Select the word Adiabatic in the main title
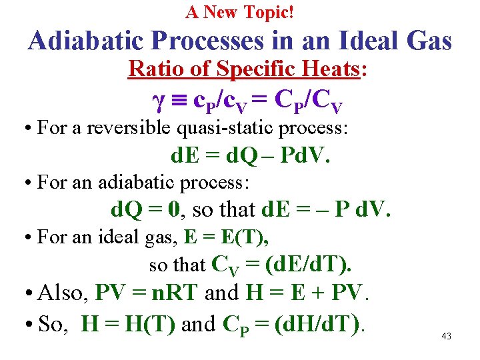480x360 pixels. (87, 41)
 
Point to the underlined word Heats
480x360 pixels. (331, 69)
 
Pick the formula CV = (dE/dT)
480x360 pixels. (281, 265)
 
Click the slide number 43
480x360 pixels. (446, 337)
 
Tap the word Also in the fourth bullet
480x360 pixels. (63, 293)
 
